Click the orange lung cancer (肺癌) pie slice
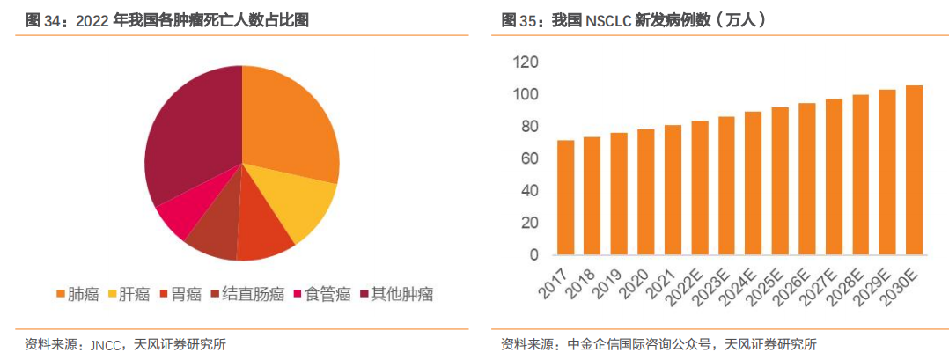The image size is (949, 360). pos(286,123)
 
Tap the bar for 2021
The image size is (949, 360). pos(673,189)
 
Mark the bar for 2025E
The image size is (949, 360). pos(780,181)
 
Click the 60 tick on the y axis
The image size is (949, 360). pos(528,158)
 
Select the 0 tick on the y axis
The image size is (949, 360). pos(533,255)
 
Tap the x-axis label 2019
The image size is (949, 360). pos(612,279)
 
